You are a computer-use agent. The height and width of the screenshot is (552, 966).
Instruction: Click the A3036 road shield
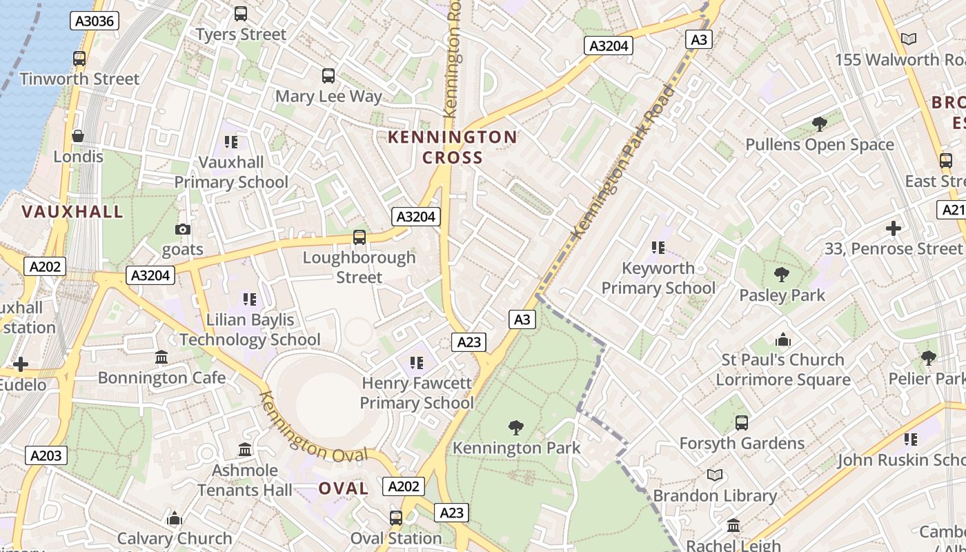click(95, 21)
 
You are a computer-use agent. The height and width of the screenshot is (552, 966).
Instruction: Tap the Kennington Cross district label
click(453, 147)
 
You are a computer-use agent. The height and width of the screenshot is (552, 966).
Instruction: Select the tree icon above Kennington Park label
click(515, 428)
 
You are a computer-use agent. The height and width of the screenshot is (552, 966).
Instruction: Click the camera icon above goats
click(183, 229)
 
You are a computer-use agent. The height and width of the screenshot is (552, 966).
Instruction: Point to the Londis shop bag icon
click(78, 136)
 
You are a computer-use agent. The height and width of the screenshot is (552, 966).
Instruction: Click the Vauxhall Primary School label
click(231, 172)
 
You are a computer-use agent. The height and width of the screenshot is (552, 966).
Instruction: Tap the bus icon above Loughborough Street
click(359, 237)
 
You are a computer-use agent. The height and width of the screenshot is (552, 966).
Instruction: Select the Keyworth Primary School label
click(658, 278)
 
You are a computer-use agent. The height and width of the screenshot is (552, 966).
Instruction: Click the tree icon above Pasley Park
click(782, 275)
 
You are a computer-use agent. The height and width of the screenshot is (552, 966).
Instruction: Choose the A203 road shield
click(46, 455)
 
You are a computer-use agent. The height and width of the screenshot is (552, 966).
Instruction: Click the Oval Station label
click(396, 538)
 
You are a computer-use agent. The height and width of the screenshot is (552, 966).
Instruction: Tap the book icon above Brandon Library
click(715, 475)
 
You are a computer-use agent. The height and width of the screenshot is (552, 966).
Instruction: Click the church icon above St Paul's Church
click(782, 339)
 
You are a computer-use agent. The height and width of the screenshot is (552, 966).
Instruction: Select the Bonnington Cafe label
click(161, 377)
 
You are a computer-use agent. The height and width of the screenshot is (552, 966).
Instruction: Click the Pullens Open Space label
click(820, 145)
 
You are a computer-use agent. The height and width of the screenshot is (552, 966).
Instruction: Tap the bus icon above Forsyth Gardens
click(742, 422)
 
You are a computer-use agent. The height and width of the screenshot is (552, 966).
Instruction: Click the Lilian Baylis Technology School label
click(250, 330)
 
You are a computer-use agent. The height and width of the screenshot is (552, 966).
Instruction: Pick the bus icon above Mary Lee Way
click(328, 76)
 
